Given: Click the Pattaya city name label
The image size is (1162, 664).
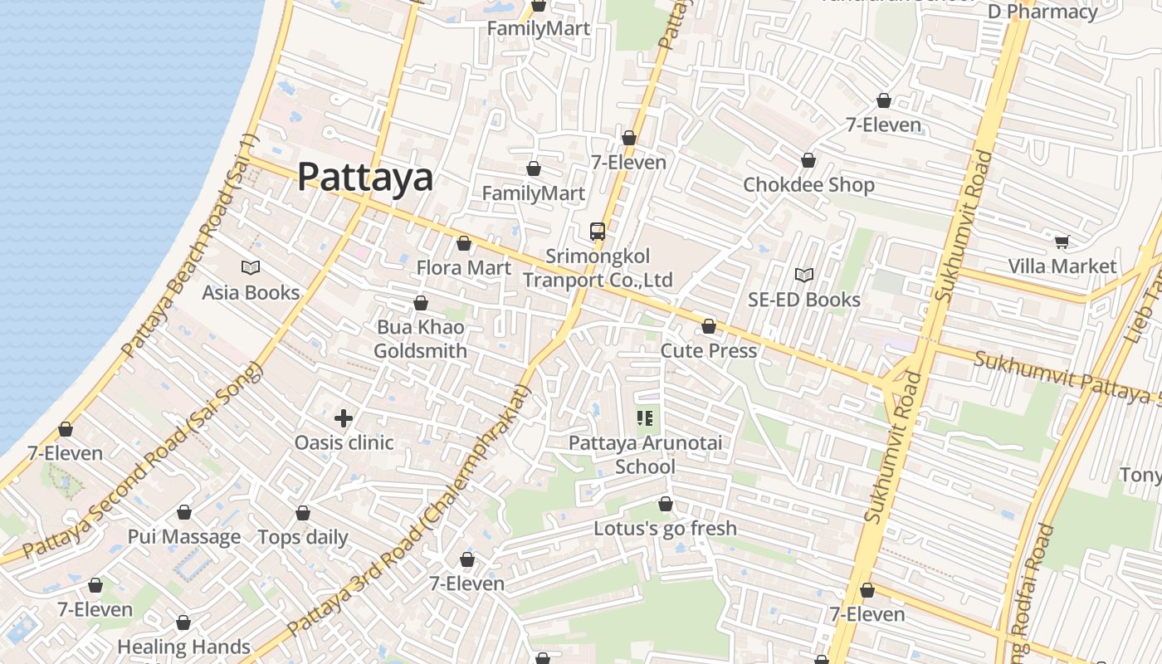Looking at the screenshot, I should pos(365,177).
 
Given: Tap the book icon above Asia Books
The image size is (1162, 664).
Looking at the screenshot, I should pos(251,267).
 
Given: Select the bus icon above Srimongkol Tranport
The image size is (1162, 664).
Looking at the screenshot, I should pos(597,231).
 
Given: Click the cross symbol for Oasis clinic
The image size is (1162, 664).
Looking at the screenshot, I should pos(344,418).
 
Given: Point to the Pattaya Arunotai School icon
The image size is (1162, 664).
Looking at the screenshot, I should pos(645,418).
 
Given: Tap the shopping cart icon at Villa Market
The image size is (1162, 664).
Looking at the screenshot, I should pos(1062,242).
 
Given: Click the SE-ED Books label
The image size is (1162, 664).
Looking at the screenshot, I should pos(803,300).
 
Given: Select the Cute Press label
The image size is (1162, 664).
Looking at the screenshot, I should pos(708,350).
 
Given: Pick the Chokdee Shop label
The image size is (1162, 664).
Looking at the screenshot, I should pos(808,184).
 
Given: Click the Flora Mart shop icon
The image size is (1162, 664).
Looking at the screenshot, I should pos(464,243).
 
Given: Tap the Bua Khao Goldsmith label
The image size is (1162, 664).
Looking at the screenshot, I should pos(420,339).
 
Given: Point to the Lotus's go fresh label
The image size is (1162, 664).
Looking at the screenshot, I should pos(665,528).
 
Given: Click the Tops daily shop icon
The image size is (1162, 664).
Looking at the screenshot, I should pos(303,513).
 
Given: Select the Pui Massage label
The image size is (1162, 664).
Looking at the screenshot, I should pos(184,537).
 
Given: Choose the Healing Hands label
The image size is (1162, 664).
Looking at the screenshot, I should pos(183,647).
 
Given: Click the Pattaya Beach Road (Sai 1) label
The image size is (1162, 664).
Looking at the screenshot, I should pos(190,247).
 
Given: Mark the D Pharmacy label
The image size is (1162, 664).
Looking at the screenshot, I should pos(1042,12).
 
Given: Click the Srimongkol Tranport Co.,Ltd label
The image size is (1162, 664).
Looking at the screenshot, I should pos(597,268).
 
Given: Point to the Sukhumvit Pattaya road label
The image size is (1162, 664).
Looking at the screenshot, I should pos(1067,376).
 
